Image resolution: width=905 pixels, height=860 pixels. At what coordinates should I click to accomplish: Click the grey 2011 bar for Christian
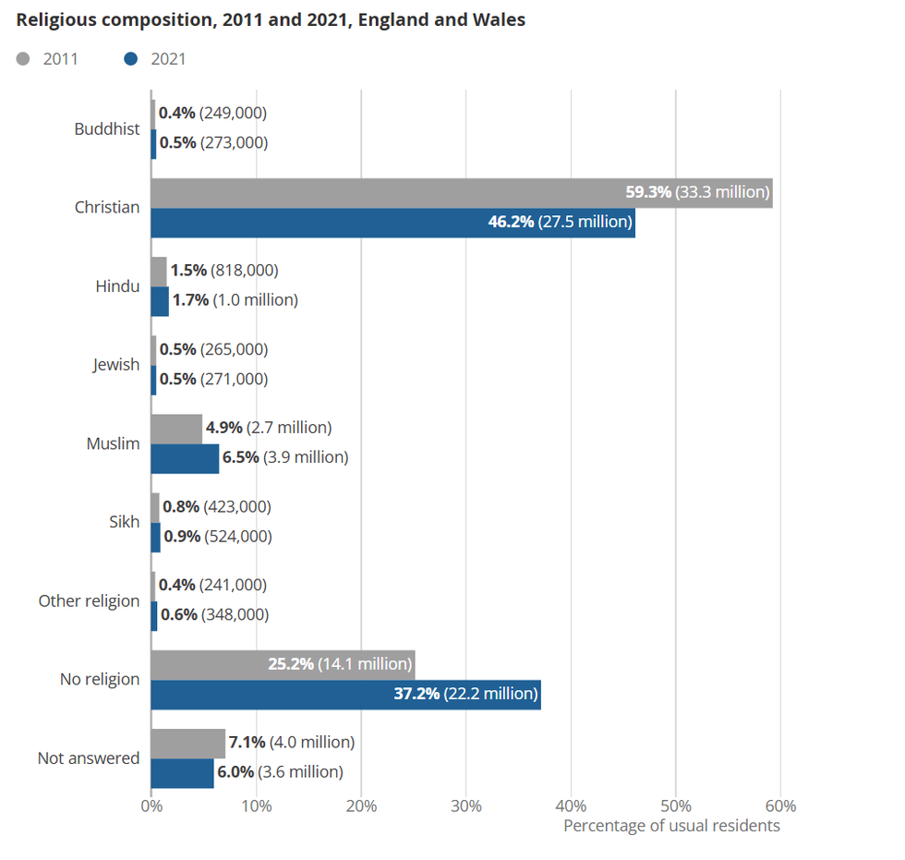coord(388,193)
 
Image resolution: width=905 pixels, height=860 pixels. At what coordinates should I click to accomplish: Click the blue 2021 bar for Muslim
coord(185,458)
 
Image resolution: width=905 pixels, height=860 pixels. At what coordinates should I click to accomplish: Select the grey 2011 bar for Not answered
coord(187,743)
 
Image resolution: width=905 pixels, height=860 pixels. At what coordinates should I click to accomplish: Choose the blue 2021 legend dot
coord(130,59)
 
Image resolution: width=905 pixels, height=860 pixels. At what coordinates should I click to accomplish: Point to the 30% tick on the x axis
coord(466,805)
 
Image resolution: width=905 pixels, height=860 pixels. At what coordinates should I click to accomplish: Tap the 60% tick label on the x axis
coord(781,805)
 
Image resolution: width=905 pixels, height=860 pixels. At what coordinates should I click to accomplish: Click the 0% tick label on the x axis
coord(151,805)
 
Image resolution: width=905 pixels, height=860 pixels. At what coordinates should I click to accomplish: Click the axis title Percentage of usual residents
coord(671,826)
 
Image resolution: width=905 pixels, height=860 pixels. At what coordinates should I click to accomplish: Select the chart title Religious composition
coord(271,19)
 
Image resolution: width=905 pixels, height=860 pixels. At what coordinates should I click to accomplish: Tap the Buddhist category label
coord(107,129)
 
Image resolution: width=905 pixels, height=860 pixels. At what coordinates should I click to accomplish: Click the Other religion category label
coord(89,601)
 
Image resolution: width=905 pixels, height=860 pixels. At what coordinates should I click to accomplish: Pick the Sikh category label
coord(125,522)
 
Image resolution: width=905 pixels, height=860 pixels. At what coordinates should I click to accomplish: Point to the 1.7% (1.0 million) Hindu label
coord(235,300)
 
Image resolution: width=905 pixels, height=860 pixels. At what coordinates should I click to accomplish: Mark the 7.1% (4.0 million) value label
coord(291,742)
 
